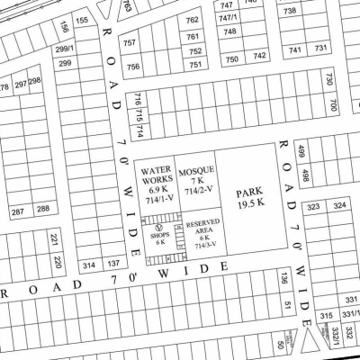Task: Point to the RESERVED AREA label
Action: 202,233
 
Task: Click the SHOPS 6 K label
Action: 160,234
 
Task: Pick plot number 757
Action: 130,42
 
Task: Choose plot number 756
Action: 133,67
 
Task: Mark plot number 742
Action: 259,58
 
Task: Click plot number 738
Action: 290,11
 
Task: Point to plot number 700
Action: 331,106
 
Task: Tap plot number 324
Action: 339,207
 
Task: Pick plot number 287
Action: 18,211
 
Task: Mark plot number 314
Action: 88,265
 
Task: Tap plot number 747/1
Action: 229,18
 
